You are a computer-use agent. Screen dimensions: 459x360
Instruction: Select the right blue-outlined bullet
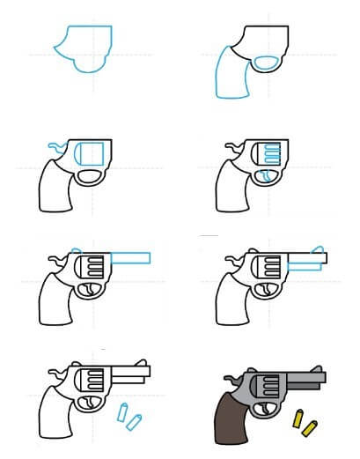(134, 423)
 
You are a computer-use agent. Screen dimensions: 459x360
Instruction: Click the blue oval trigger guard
(266, 62)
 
